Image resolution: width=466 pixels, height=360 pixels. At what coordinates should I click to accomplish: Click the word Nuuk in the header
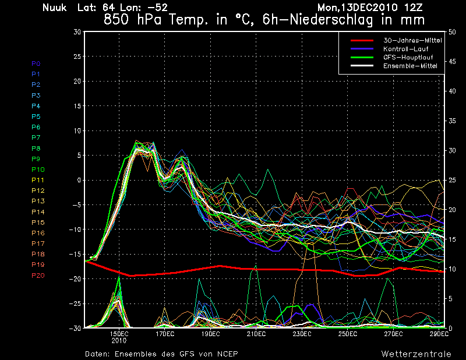(55, 8)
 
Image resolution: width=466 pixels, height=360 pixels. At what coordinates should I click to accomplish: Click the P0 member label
(36, 63)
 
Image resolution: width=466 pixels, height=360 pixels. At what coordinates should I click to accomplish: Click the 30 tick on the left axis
(77, 32)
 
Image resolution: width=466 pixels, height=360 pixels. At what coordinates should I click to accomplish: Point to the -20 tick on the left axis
(75, 279)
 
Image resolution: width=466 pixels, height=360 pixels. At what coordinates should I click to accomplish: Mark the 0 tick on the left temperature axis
(79, 180)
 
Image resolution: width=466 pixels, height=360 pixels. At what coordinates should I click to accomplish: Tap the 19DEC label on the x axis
(210, 334)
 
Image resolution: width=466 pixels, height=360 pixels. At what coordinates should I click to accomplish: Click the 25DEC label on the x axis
(347, 334)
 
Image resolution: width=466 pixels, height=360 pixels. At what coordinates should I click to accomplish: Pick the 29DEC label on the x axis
(438, 334)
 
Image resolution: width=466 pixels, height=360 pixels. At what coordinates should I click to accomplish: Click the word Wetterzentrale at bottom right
(416, 354)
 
